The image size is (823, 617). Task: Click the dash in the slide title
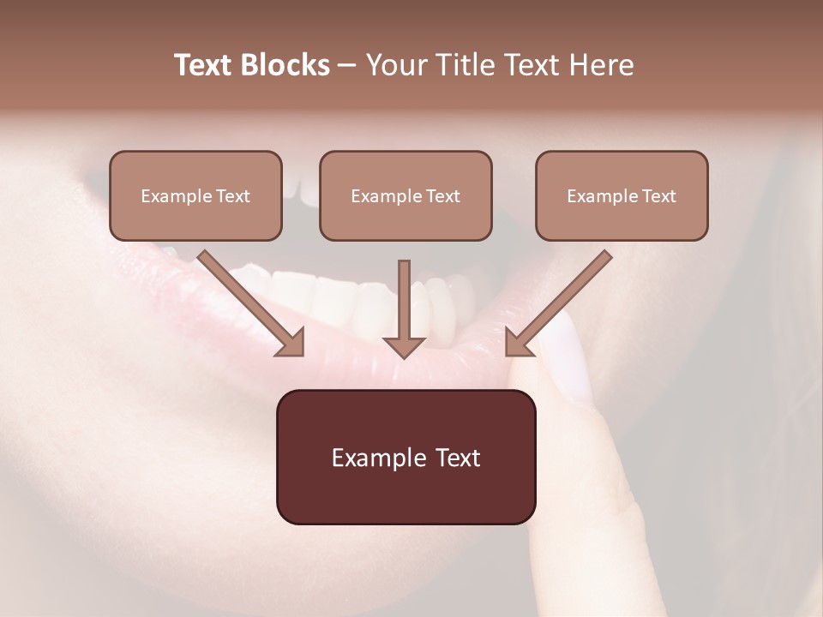click(347, 66)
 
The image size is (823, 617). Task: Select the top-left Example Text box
click(195, 196)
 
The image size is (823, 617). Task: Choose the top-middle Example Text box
click(405, 196)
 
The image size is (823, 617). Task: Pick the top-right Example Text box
click(622, 196)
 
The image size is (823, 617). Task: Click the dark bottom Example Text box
click(405, 457)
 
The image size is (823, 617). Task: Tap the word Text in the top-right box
click(659, 196)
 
